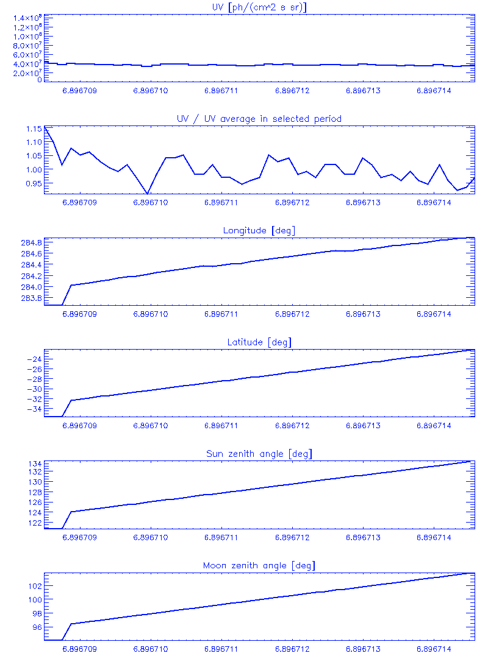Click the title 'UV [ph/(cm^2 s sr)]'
256,7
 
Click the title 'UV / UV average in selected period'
256,119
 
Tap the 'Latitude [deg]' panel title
256,342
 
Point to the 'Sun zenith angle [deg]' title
256,454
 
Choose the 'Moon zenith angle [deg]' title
256,566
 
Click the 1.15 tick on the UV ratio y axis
34,129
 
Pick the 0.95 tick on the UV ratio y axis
34,183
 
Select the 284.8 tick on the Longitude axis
30,243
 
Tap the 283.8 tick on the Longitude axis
30,298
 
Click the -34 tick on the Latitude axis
34,409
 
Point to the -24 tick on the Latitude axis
34,359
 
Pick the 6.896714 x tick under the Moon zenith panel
434,649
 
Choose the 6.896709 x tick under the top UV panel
80,91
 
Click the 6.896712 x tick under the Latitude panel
293,426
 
